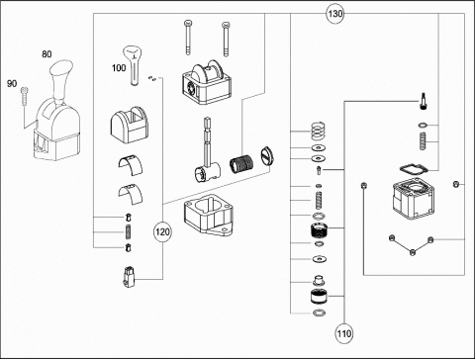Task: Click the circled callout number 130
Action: click(x=334, y=14)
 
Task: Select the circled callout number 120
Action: click(x=162, y=232)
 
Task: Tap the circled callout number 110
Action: click(x=344, y=333)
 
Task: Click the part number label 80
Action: click(x=47, y=54)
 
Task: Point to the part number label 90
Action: click(x=12, y=84)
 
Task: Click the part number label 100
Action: click(x=119, y=68)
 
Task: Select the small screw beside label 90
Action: click(x=24, y=96)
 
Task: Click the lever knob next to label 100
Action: click(x=134, y=65)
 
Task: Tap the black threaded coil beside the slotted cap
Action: click(x=241, y=163)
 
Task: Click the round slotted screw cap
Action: click(x=267, y=156)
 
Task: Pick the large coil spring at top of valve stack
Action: click(x=319, y=132)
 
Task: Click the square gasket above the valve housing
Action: click(x=414, y=169)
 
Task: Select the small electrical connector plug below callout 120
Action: click(x=130, y=276)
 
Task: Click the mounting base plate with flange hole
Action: click(x=208, y=215)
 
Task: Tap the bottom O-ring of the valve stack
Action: click(x=319, y=313)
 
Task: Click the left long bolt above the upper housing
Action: click(x=188, y=38)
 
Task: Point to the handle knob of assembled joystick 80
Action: click(x=61, y=78)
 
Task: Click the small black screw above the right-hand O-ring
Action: click(x=424, y=101)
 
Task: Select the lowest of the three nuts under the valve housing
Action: click(x=413, y=252)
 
